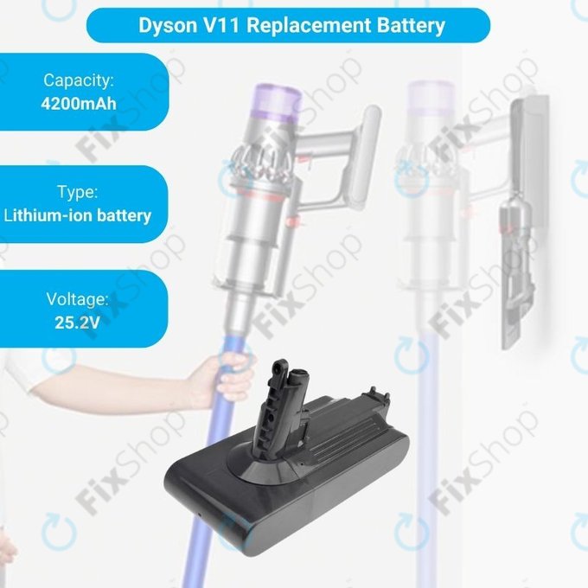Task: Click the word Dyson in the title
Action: coord(168,24)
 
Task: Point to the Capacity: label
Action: coord(78,81)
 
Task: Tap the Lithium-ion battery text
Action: coord(78,215)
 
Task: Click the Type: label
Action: coord(78,192)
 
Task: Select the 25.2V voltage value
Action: coord(78,325)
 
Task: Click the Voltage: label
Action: coord(78,301)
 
